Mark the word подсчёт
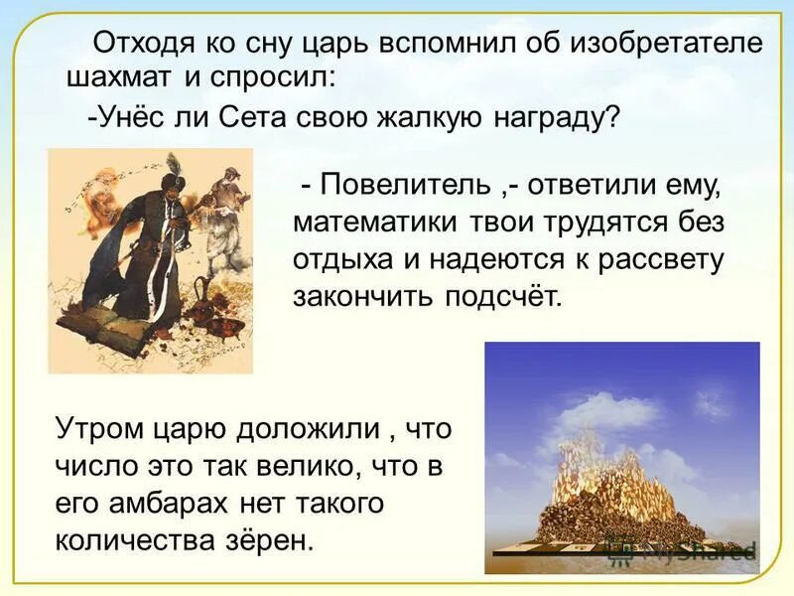[498, 296]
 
